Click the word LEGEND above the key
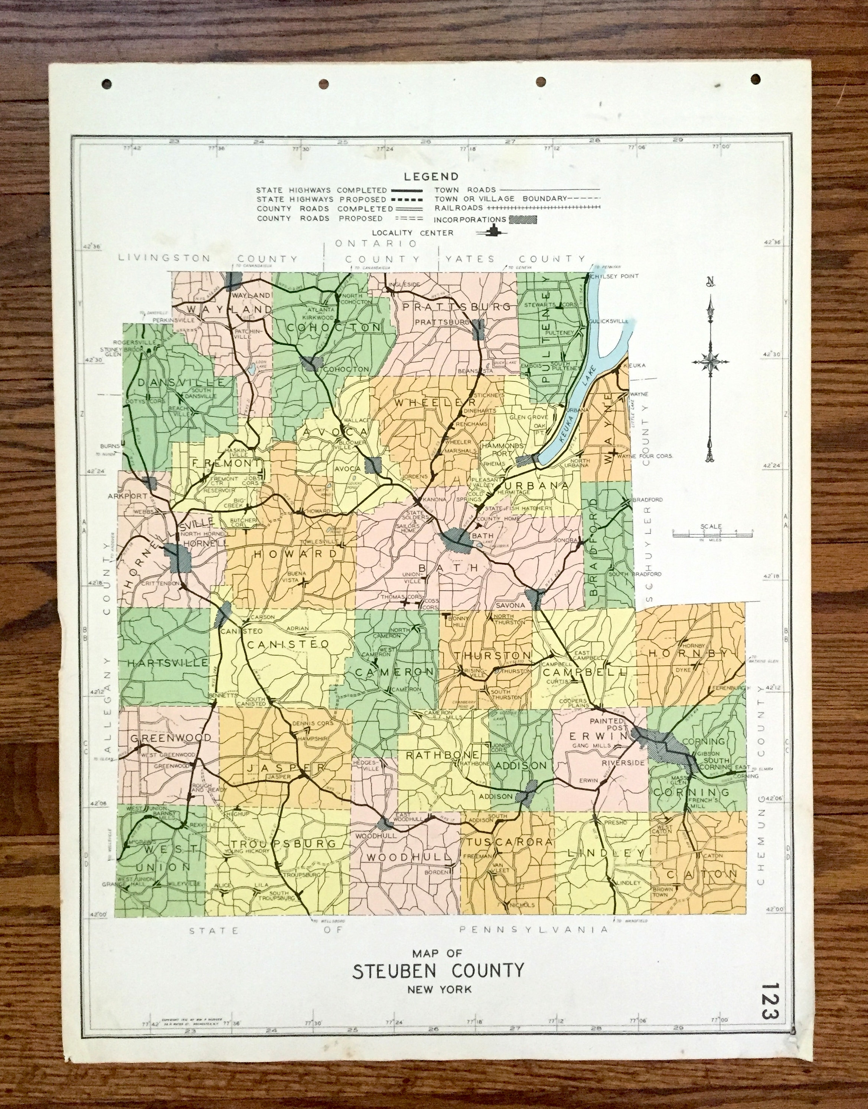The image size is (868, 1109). tap(431, 177)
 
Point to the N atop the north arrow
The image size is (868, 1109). tap(710, 281)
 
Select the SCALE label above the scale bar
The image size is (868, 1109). tap(710, 526)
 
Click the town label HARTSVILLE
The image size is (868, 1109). tap(168, 663)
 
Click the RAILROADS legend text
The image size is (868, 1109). tap(459, 208)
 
